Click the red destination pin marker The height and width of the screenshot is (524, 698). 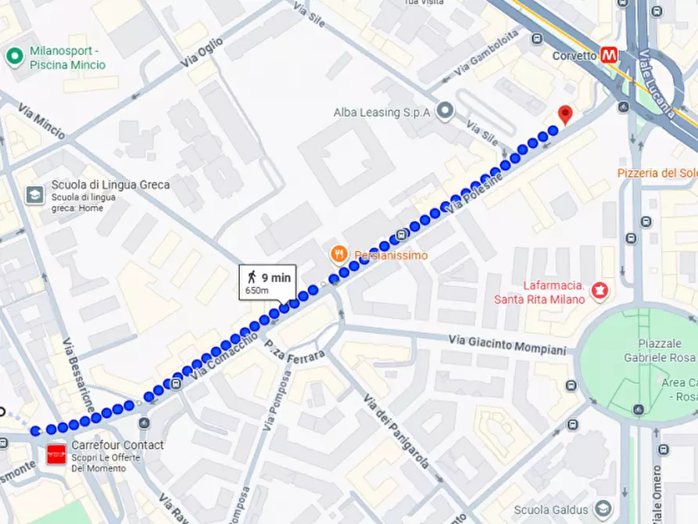[x=565, y=114]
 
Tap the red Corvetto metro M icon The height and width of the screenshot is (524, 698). [x=609, y=56]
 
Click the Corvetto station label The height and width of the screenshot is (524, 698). [x=574, y=56]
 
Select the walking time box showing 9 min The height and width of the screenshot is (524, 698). [x=267, y=282]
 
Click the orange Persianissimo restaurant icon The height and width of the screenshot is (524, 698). [x=338, y=254]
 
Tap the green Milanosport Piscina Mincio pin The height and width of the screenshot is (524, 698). [x=14, y=56]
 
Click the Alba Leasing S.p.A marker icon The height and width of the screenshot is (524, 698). [x=445, y=112]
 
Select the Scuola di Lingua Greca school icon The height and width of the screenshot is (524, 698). [x=35, y=194]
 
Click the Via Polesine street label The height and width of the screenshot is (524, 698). [x=474, y=192]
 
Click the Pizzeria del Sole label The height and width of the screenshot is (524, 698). [x=657, y=173]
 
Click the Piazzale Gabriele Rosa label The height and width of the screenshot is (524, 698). [x=664, y=350]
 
